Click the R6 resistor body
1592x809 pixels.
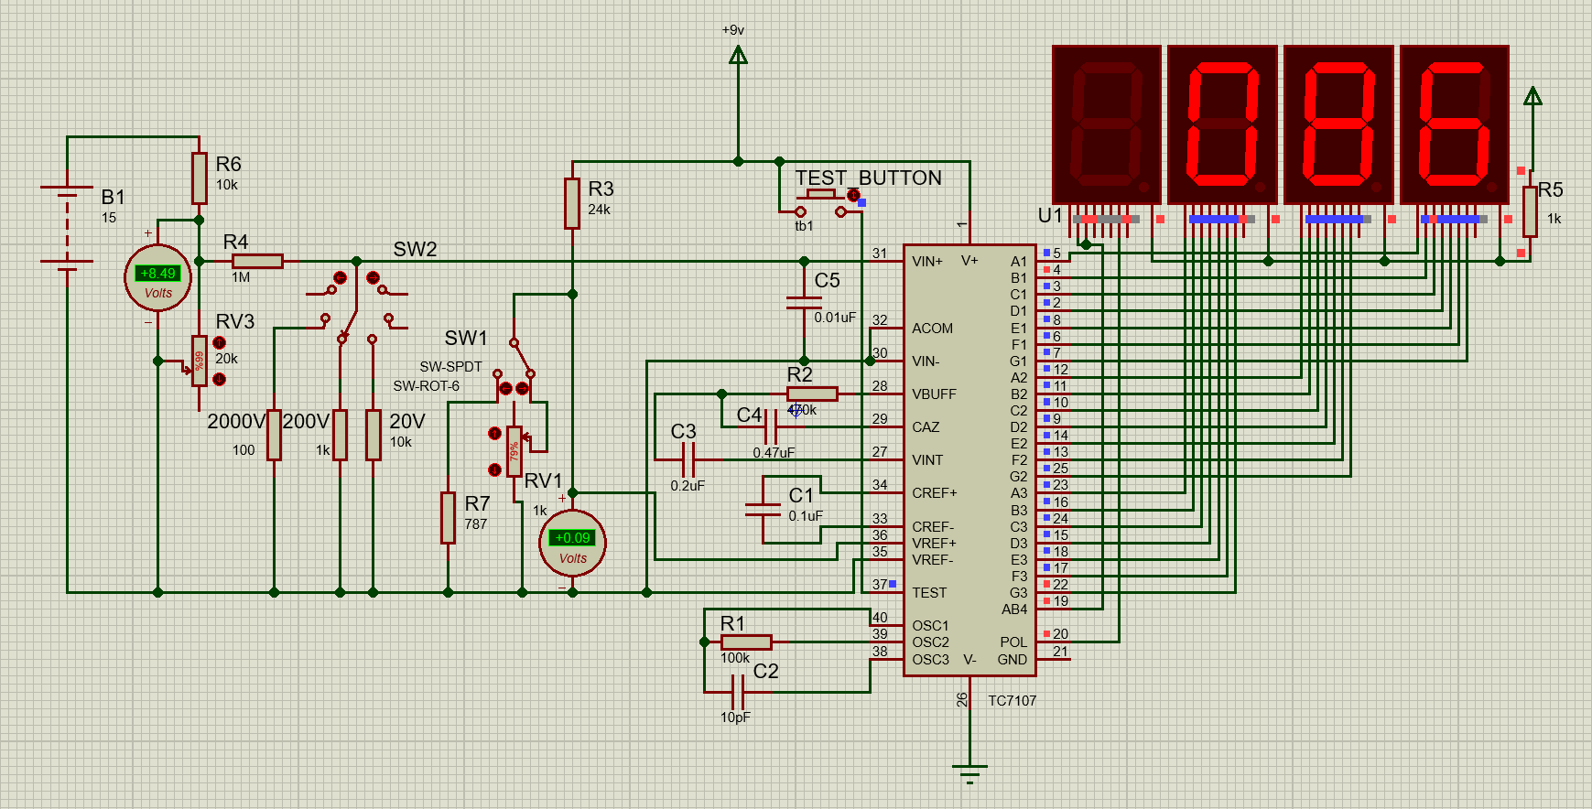point(199,178)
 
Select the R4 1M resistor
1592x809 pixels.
point(257,261)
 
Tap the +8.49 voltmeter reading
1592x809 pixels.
point(157,273)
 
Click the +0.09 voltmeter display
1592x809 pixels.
point(572,538)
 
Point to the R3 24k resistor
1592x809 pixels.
point(572,203)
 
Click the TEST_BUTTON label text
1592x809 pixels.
point(868,178)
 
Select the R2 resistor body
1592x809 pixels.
point(812,394)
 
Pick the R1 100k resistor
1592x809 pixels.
point(745,642)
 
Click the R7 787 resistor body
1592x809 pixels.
point(448,517)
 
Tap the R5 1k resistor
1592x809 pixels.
point(1530,211)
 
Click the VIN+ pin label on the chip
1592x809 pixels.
point(926,262)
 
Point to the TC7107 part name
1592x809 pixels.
point(1012,701)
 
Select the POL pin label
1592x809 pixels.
point(1013,642)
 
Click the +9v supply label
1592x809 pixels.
point(733,30)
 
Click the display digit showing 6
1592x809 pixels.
point(1455,124)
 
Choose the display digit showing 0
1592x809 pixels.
point(1222,124)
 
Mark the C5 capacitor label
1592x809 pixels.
point(827,281)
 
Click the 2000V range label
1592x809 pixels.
point(236,421)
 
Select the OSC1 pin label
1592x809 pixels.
point(930,626)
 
